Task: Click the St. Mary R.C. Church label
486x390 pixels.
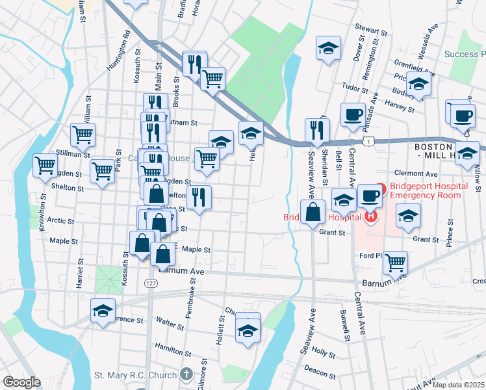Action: (x=135, y=375)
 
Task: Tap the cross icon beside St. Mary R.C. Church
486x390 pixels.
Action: (x=186, y=374)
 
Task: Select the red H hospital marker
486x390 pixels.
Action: (x=370, y=216)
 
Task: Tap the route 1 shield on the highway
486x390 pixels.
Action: (x=369, y=140)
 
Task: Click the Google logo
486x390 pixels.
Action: (x=22, y=382)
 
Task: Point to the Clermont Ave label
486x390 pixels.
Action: (x=420, y=174)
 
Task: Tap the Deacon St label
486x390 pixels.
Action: (x=318, y=371)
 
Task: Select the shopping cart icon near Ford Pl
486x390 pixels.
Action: (x=395, y=261)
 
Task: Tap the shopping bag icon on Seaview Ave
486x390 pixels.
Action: (x=313, y=211)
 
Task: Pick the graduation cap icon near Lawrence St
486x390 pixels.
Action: (x=103, y=309)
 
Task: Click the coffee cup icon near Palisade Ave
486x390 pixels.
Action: (x=353, y=114)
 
